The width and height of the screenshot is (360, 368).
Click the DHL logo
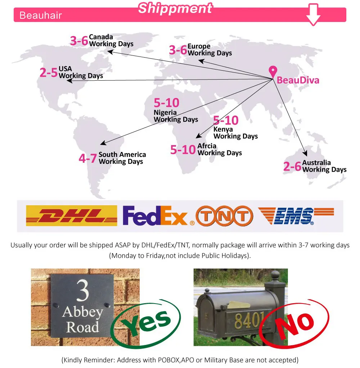pyautogui.click(x=72, y=216)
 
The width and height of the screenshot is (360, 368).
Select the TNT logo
pyautogui.click(x=224, y=216)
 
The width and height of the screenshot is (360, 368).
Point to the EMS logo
pyautogui.click(x=296, y=216)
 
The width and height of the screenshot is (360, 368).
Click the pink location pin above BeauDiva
pyautogui.click(x=273, y=71)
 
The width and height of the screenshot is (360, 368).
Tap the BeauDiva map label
pyautogui.click(x=298, y=80)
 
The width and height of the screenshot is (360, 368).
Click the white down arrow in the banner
pyautogui.click(x=313, y=14)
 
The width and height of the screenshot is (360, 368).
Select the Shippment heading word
pyautogui.click(x=175, y=8)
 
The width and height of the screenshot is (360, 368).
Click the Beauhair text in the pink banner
pyautogui.click(x=41, y=15)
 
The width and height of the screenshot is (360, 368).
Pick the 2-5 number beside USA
pyautogui.click(x=49, y=73)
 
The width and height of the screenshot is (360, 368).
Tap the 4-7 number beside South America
pyautogui.click(x=88, y=158)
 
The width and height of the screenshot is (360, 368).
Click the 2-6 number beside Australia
pyautogui.click(x=292, y=166)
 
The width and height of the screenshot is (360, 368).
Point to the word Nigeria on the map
pyautogui.click(x=165, y=112)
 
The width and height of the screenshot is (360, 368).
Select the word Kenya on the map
pyautogui.click(x=223, y=129)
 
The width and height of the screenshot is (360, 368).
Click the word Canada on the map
pyautogui.click(x=101, y=37)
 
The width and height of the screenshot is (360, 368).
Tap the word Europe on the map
pyautogui.click(x=199, y=46)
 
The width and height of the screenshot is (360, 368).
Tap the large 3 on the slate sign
pyautogui.click(x=82, y=291)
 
